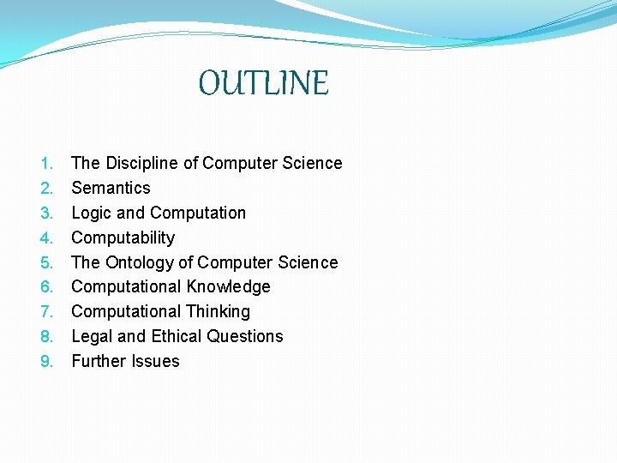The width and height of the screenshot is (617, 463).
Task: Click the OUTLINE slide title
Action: pos(263,84)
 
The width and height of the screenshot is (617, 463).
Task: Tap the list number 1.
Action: pos(47,163)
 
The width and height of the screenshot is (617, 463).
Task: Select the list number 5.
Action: pos(47,262)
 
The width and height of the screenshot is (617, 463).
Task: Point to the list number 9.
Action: pos(47,361)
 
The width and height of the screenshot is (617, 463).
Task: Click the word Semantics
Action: pos(111,188)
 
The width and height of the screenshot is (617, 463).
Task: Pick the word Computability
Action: pos(123,238)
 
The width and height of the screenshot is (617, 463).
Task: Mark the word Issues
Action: pos(155,361)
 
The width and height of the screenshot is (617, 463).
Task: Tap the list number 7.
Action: pos(47,311)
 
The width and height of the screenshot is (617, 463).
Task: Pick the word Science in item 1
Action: pos(311,163)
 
